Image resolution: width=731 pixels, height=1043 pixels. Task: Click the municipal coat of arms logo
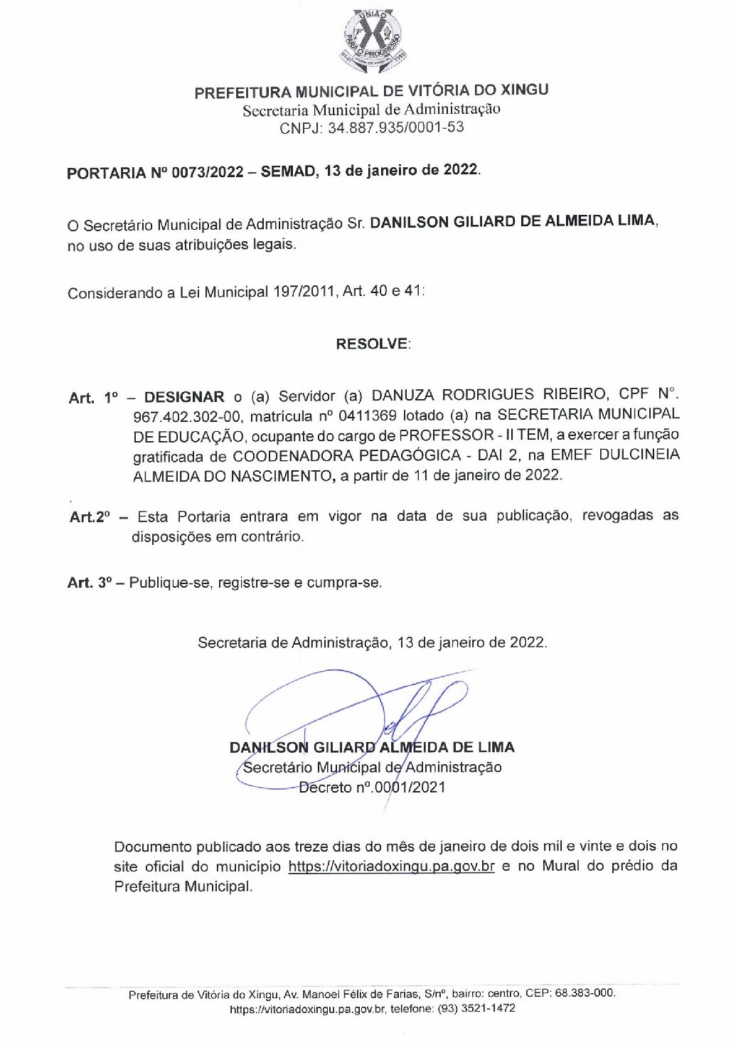(372, 42)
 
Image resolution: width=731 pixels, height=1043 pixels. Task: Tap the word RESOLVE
(373, 344)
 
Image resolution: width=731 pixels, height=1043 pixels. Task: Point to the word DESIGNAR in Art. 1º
(183, 397)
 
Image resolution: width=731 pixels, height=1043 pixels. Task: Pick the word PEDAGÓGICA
(405, 455)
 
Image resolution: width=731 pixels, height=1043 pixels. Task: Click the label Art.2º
(90, 517)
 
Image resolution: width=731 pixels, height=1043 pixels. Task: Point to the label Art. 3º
(90, 583)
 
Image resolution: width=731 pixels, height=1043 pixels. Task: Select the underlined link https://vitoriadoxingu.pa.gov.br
(391, 867)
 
